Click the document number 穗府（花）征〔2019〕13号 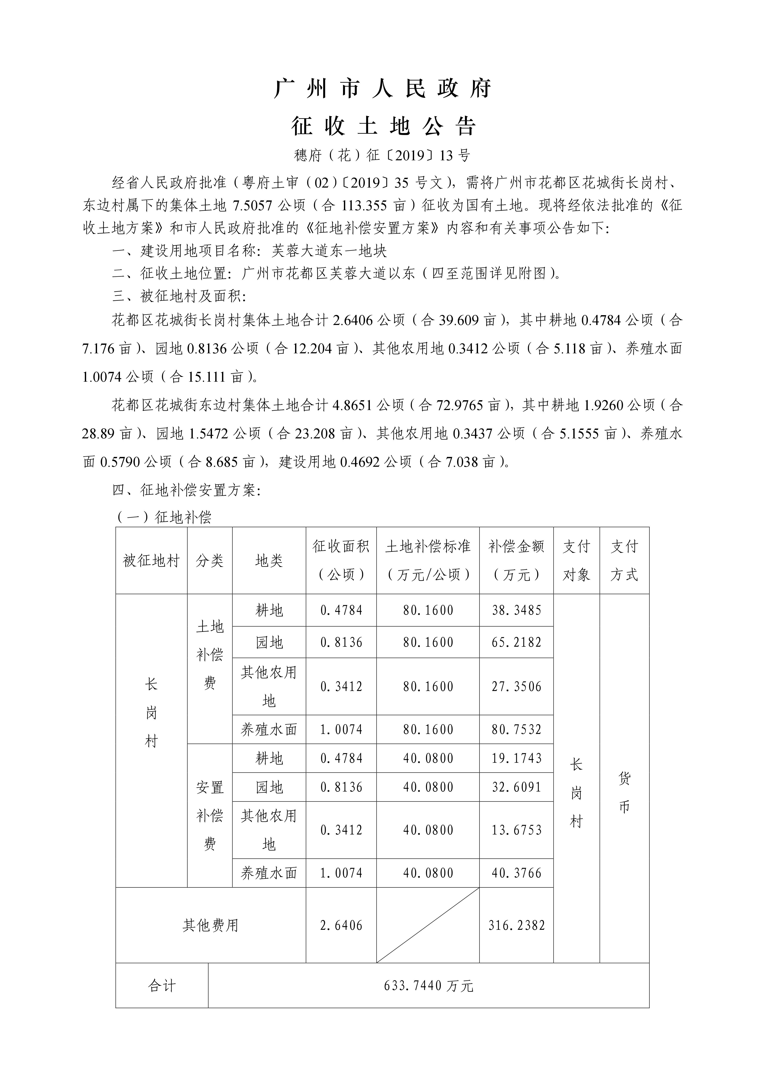(382, 155)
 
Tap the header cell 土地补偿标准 (428, 560)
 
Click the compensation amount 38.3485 (516, 610)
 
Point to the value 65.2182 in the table (516, 642)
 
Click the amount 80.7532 (516, 730)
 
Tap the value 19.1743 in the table (516, 758)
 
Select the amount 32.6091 (516, 787)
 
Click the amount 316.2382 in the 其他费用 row (516, 926)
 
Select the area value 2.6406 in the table (341, 926)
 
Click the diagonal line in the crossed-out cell (428, 926)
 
